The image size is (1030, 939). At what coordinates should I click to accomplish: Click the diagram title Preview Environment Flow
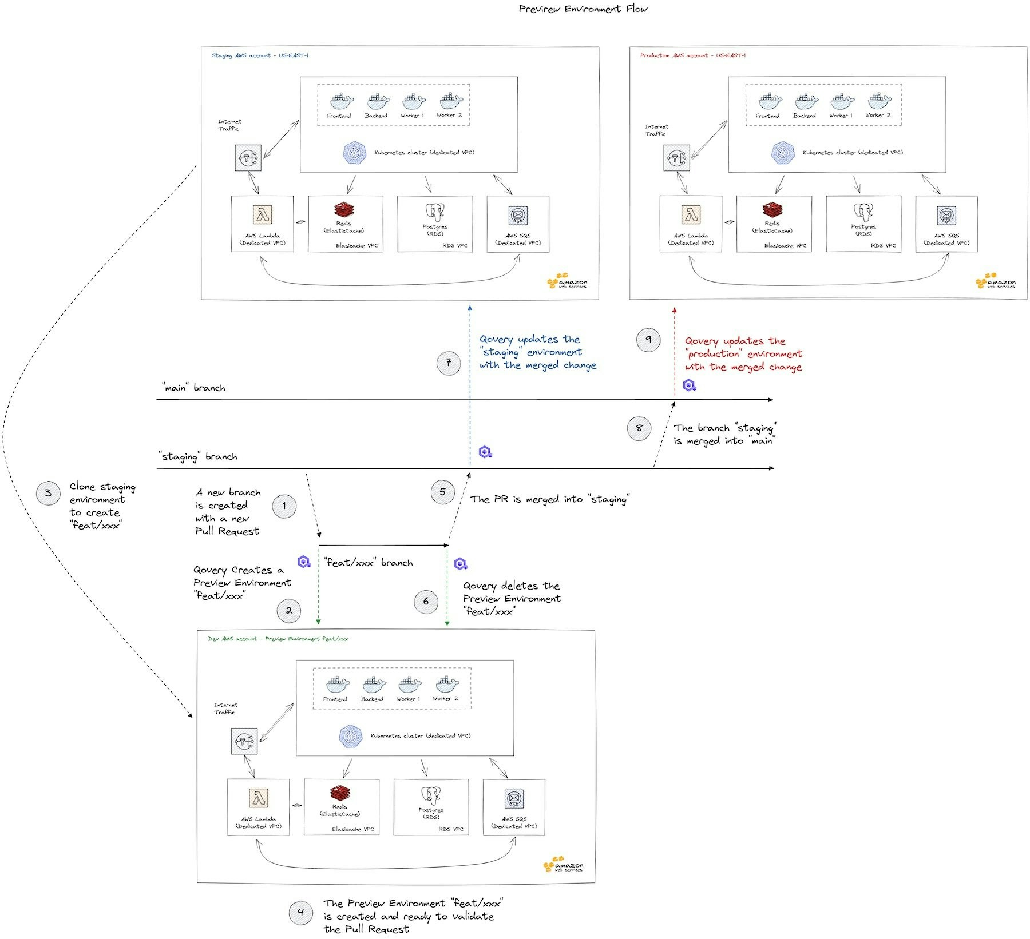coord(583,9)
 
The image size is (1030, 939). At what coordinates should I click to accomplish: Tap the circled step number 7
coord(449,363)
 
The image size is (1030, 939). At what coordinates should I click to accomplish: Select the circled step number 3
coord(48,493)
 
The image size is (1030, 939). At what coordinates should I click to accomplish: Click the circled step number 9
coord(648,339)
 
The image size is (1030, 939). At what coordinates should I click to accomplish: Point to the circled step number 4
coord(301,912)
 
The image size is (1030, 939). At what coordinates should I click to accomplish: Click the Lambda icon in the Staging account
coord(263,215)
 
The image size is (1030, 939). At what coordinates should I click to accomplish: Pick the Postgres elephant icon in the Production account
coord(863,212)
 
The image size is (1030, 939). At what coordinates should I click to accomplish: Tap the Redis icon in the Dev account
coord(340,793)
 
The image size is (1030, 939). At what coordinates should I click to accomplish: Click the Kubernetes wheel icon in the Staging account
coord(354,153)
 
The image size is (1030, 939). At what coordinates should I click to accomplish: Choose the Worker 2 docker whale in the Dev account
coord(447,685)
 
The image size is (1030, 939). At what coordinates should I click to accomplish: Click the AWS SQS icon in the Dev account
coord(514,799)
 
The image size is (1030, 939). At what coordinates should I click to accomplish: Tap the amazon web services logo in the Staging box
coord(567,282)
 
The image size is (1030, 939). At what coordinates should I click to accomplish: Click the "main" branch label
coord(193,388)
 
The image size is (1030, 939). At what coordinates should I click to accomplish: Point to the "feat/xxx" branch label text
coord(368,563)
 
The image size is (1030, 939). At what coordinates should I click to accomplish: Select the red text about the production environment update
coord(743,354)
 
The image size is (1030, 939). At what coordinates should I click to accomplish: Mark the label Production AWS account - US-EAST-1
coord(692,55)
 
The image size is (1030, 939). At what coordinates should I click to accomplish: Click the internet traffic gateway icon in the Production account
coord(676,158)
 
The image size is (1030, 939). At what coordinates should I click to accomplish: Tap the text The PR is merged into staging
coord(549,499)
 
